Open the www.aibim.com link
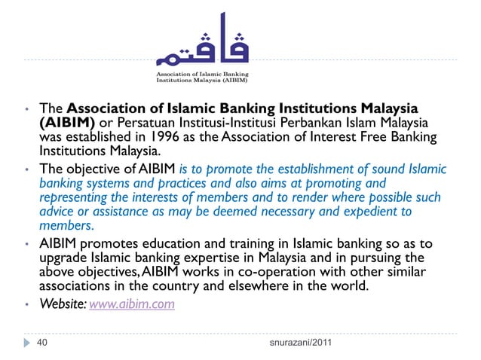pos(132,305)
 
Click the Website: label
pos(63,305)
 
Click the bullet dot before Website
pos(26,306)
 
